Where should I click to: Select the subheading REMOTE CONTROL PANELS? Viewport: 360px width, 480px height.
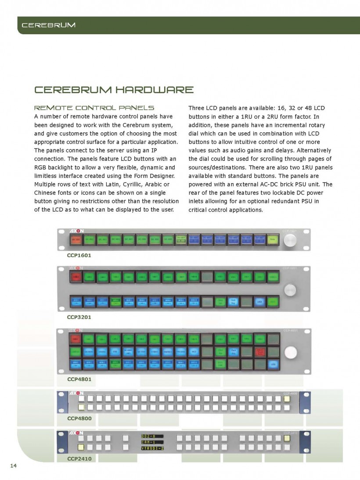94,108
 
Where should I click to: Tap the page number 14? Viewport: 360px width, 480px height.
13,466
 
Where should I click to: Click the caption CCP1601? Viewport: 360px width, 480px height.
79,255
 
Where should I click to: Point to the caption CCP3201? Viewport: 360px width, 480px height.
79,317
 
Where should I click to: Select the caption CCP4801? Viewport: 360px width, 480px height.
79,379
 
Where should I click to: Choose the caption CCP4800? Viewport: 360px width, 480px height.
79,418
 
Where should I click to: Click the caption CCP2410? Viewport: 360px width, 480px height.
79,459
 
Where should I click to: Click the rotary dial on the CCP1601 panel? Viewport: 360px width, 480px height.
290,240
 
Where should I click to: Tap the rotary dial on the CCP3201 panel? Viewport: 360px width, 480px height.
290,289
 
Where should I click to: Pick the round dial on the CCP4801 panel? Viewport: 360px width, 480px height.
290,352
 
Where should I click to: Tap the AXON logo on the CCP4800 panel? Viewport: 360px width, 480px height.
76,393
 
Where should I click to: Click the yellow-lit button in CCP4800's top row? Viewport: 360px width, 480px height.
287,399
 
